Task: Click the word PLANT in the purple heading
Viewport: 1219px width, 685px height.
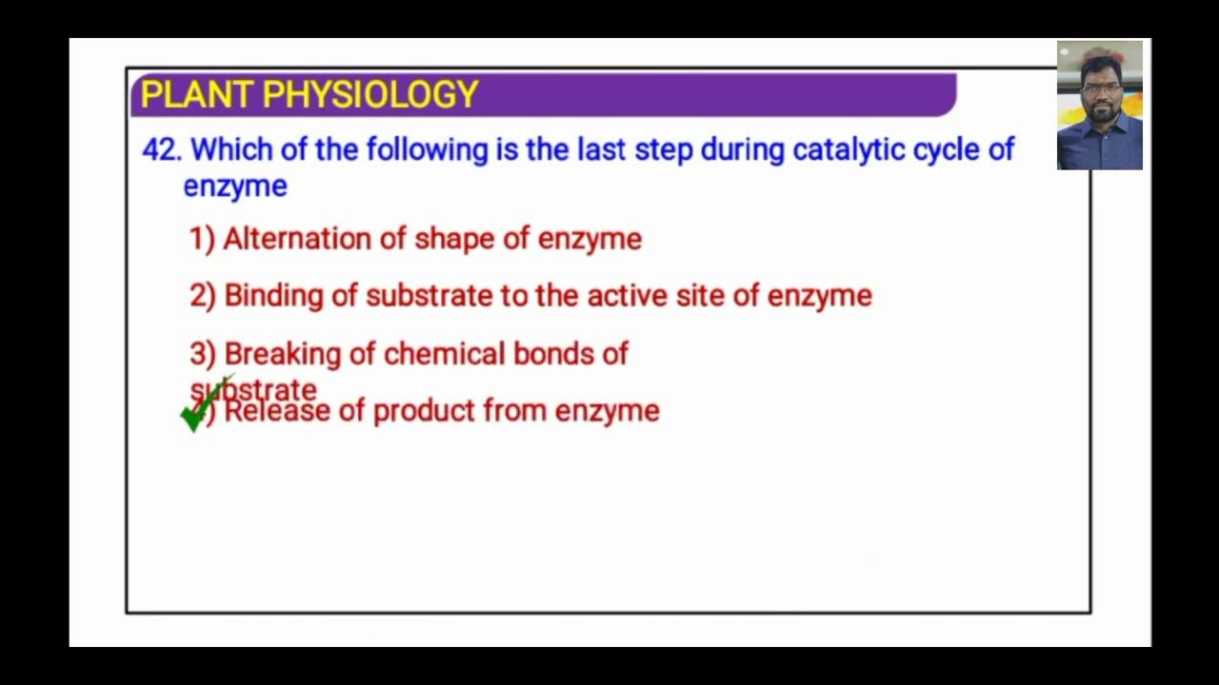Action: click(x=197, y=95)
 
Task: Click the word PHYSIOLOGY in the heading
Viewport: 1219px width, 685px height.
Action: click(x=370, y=95)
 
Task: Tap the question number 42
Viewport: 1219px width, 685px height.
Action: click(x=161, y=150)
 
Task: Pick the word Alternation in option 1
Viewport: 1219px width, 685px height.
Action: click(x=297, y=239)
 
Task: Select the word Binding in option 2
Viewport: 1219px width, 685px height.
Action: click(x=273, y=296)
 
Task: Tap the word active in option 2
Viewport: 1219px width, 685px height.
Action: click(x=628, y=296)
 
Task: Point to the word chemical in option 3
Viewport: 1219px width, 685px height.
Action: click(x=444, y=354)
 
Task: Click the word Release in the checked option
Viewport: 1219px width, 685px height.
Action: click(x=276, y=411)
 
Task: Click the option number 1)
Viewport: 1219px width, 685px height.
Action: click(x=202, y=239)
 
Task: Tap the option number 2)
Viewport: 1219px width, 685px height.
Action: click(x=203, y=296)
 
